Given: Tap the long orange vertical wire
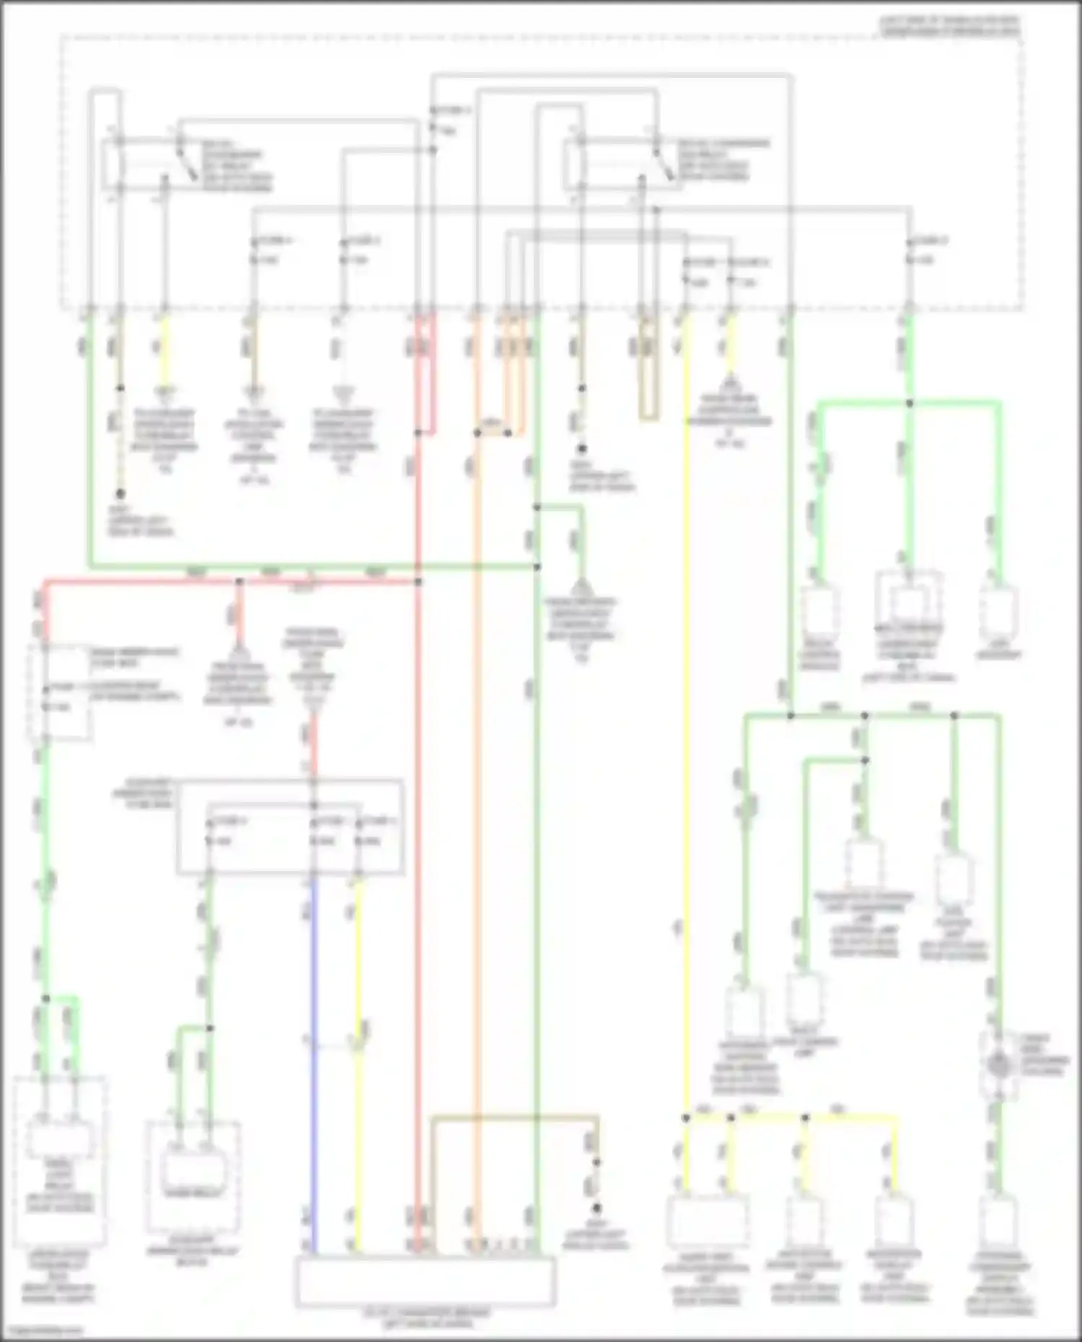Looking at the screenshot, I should coord(475,793).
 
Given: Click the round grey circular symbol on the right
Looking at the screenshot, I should coord(998,1064).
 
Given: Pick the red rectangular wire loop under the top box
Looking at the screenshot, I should coord(426,375).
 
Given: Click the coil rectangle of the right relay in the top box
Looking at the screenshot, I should coord(575,162).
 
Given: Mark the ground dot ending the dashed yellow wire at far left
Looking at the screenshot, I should coord(120,494).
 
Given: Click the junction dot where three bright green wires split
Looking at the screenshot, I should coord(910,403).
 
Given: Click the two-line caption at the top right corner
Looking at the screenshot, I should coord(949,26).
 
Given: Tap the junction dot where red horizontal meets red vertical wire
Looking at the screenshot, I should coord(418,580).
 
